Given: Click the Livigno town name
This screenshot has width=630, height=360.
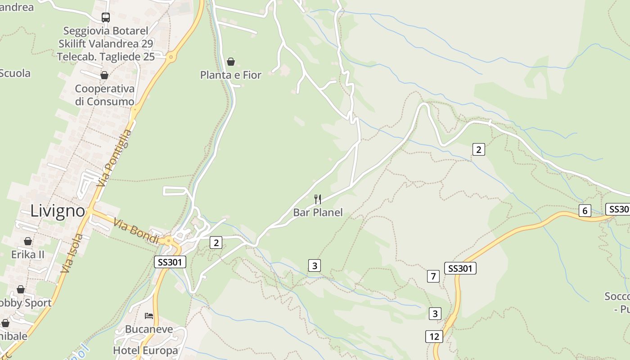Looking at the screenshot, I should point(58,211).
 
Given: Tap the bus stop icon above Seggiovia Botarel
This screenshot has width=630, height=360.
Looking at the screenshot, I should point(106,18).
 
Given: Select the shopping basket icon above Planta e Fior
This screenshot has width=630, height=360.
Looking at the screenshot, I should point(231,62).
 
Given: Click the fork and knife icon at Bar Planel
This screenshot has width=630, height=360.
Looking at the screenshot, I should point(318,199).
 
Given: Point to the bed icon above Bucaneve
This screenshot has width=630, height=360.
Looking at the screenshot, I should point(149,316).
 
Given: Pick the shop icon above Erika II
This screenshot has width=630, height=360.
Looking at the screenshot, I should point(28,241).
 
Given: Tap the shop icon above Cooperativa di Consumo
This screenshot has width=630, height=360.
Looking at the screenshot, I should point(104,75).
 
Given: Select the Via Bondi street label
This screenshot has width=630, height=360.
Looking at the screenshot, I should point(136,230).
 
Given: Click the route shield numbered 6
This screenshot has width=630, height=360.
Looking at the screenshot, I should point(585,210).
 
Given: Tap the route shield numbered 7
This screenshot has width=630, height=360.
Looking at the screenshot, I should point(433,276).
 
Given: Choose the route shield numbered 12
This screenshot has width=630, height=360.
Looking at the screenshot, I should point(434,337).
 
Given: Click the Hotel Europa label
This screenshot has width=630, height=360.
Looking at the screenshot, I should point(145,350).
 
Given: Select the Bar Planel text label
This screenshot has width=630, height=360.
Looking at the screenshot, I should point(318,212).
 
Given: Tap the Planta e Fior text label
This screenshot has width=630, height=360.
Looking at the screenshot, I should point(231,75).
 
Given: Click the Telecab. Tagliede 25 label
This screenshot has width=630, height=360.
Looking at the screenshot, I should point(106,57).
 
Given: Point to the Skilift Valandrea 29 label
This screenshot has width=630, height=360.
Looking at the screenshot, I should point(106,44).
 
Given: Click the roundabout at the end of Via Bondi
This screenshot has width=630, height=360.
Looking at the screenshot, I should point(169,240).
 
